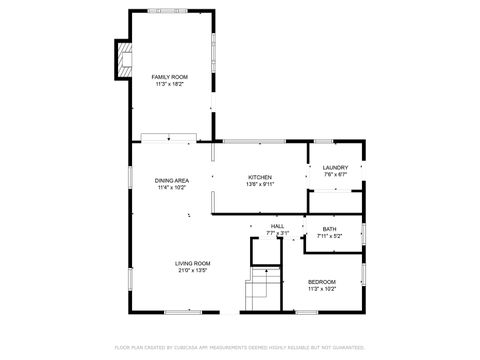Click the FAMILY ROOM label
click(x=169, y=77)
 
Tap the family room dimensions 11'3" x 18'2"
click(x=169, y=84)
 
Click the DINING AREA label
click(x=172, y=181)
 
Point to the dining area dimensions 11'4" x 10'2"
click(x=172, y=188)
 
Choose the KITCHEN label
click(x=260, y=177)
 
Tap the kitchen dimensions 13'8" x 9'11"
click(x=260, y=184)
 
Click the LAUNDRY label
click(x=335, y=168)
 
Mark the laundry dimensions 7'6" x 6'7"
click(x=335, y=175)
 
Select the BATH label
click(x=329, y=229)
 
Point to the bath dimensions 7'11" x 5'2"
click(x=329, y=236)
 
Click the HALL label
click(x=277, y=227)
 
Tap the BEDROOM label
click(x=321, y=282)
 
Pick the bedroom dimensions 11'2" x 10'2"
click(x=321, y=289)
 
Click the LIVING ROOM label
click(x=192, y=263)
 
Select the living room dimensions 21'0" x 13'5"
click(x=192, y=270)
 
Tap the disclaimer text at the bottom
click(x=240, y=348)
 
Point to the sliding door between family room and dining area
click(x=168, y=136)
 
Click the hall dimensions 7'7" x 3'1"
click(x=277, y=234)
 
